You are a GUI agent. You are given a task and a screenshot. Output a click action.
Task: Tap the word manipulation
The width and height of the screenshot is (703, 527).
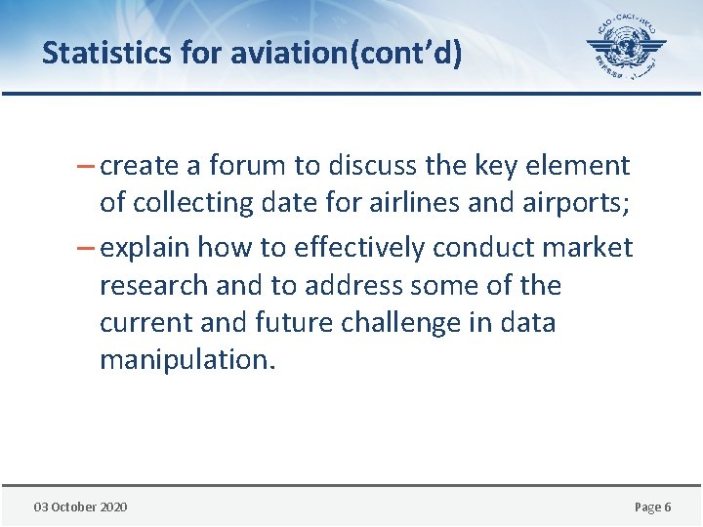(x=187, y=360)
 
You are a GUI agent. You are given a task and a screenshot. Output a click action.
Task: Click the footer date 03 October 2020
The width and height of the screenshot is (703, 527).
(x=80, y=507)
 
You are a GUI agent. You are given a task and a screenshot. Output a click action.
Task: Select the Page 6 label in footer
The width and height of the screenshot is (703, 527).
(x=652, y=507)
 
